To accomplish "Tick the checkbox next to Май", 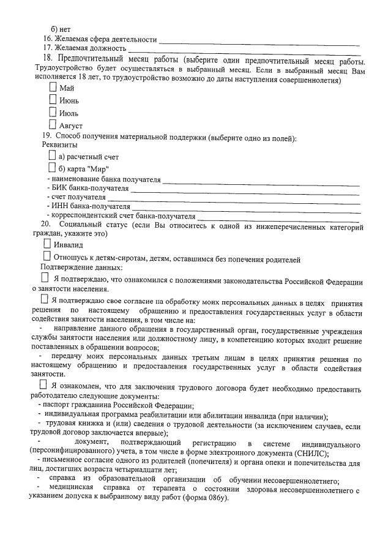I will tap(53, 87).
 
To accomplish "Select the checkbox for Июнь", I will tap(53, 99).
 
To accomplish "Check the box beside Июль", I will tap(53, 112).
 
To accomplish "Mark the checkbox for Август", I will tap(53, 124).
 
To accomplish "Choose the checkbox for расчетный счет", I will tap(52, 156).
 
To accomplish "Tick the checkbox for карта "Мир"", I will tap(52, 168).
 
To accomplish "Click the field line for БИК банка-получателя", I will tap(245, 190).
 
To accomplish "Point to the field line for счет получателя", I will tap(233, 199).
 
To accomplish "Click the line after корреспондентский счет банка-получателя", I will tap(278, 217).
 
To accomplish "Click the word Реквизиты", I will tap(59, 145).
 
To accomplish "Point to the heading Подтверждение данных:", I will tap(81, 268).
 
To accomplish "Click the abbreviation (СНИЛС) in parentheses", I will tap(310, 454).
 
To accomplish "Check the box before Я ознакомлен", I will tap(43, 384).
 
